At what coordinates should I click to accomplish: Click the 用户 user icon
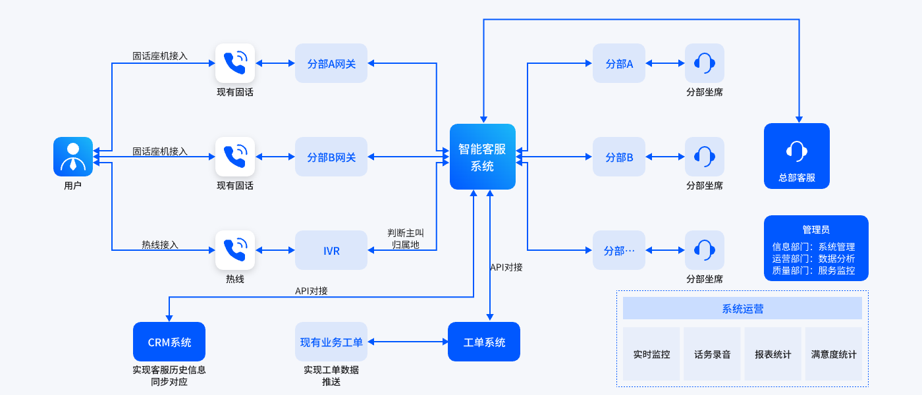pyautogui.click(x=73, y=157)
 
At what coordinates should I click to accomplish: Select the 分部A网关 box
pyautogui.click(x=331, y=63)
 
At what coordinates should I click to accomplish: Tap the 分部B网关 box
pyautogui.click(x=331, y=157)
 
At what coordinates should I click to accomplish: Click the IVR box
pyautogui.click(x=331, y=250)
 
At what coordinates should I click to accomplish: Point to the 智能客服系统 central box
pyautogui.click(x=483, y=157)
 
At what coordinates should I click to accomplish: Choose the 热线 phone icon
pyautogui.click(x=235, y=250)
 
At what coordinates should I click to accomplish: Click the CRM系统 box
pyautogui.click(x=169, y=342)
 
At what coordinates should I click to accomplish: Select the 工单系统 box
pyautogui.click(x=484, y=342)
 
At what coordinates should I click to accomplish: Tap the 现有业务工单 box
pyautogui.click(x=331, y=342)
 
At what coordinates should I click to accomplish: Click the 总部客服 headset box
pyautogui.click(x=797, y=156)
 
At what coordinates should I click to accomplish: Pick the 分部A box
pyautogui.click(x=619, y=63)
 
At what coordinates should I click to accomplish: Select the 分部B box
pyautogui.click(x=619, y=157)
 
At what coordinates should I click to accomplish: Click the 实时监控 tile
pyautogui.click(x=651, y=354)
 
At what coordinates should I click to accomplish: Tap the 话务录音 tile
pyautogui.click(x=713, y=354)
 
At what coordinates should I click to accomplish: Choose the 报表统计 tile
pyautogui.click(x=773, y=354)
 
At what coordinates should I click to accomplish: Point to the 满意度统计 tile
pyautogui.click(x=834, y=354)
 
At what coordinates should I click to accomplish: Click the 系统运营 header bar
pyautogui.click(x=742, y=308)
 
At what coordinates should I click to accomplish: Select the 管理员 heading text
pyautogui.click(x=816, y=230)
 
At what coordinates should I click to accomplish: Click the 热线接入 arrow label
pyautogui.click(x=160, y=245)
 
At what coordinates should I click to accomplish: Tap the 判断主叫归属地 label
pyautogui.click(x=406, y=239)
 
